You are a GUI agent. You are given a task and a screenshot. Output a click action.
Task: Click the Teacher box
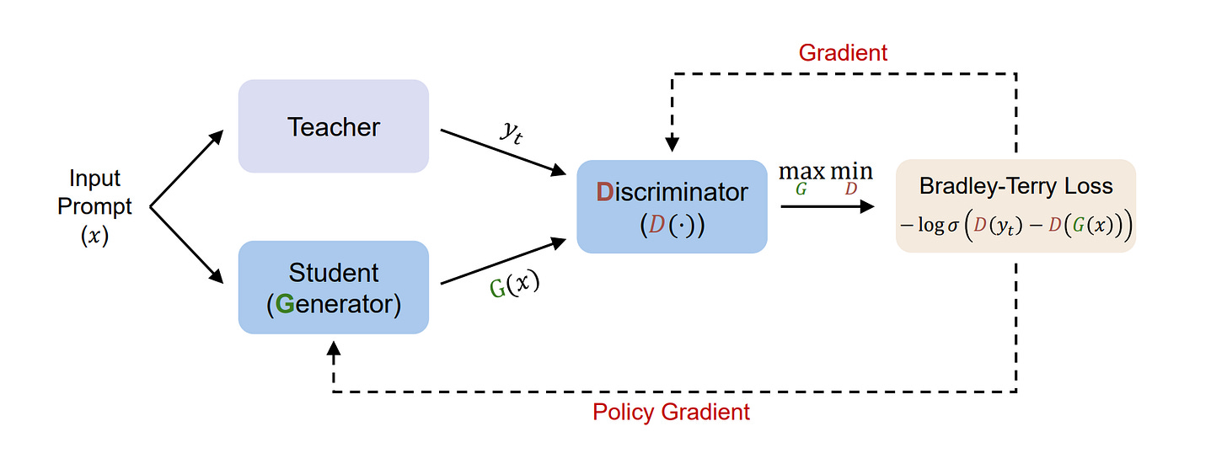[x=334, y=126]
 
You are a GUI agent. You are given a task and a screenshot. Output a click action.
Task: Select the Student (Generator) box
[x=334, y=287]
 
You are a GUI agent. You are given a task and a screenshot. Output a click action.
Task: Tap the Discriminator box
[x=672, y=206]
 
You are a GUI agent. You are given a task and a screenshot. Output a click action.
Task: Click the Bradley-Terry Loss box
[x=1015, y=206]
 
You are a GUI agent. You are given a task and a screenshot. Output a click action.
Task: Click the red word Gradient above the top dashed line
[x=843, y=52]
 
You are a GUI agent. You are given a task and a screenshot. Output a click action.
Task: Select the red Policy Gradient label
[x=671, y=413]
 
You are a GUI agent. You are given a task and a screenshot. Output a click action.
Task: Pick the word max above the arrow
[x=801, y=171]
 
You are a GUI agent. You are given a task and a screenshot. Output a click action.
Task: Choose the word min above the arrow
[x=851, y=171]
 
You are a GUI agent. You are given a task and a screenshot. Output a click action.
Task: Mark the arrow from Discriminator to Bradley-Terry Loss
[x=827, y=205]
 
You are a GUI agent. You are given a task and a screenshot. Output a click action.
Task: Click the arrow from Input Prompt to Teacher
[x=187, y=168]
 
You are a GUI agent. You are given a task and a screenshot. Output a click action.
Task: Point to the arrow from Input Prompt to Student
[x=187, y=244]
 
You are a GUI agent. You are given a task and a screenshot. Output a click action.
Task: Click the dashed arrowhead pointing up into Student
[x=334, y=347]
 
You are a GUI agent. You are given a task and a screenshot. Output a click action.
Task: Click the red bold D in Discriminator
[x=604, y=192]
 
